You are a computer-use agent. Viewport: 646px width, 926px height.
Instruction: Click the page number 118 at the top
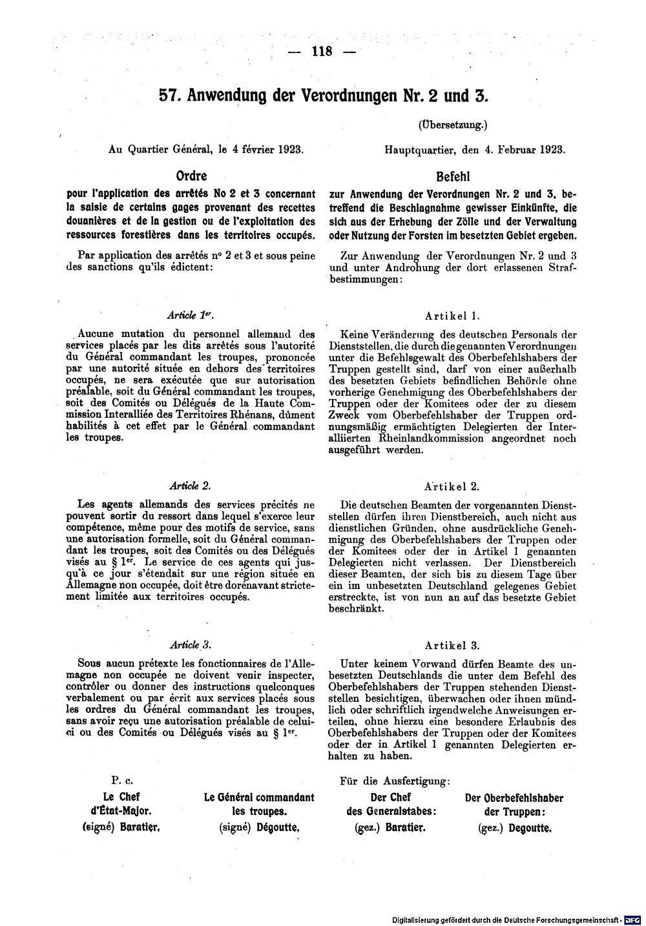[x=320, y=52]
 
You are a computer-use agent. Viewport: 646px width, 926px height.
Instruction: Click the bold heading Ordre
[x=191, y=176]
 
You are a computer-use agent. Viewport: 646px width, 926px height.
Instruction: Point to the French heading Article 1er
[x=191, y=315]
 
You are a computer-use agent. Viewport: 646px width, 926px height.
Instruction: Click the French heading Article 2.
[x=190, y=485]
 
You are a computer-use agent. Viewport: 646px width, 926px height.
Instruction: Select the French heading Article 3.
[x=190, y=644]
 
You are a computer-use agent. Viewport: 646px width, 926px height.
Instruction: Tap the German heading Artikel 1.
[x=452, y=316]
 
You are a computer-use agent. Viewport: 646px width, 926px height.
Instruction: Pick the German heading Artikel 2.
[x=452, y=486]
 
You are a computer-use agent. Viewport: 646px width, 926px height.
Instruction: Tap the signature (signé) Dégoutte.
[x=259, y=827]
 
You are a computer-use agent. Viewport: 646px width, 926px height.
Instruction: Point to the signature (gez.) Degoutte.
[x=514, y=827]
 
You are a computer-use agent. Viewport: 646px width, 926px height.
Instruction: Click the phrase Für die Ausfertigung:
[x=395, y=781]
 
